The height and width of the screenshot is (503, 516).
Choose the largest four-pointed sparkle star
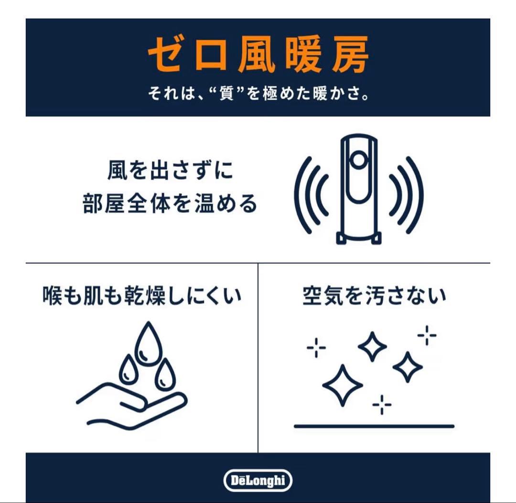(x=342, y=385)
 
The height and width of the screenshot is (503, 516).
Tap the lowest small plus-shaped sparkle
(x=382, y=406)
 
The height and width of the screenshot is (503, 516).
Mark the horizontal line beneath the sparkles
(x=374, y=426)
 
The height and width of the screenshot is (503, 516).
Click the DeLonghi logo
(x=258, y=480)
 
